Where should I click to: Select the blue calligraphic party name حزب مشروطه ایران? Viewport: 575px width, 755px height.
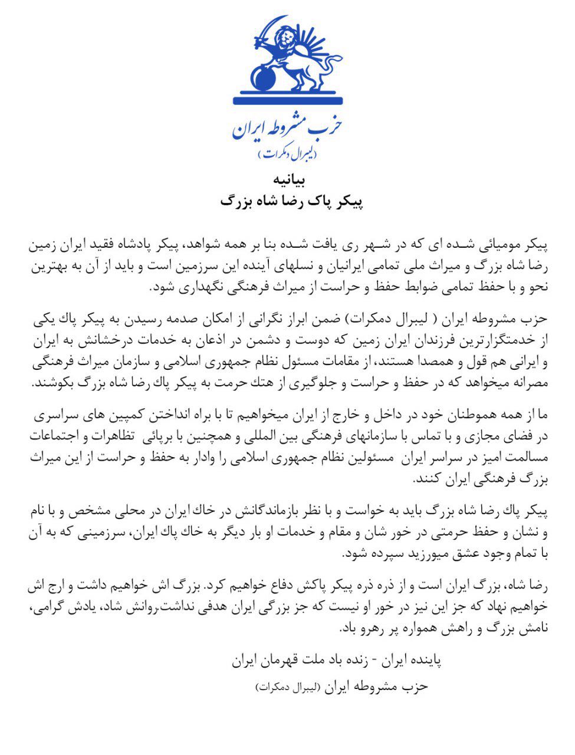click(x=287, y=126)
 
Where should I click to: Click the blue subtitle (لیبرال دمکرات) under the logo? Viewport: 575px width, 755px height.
click(x=287, y=154)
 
